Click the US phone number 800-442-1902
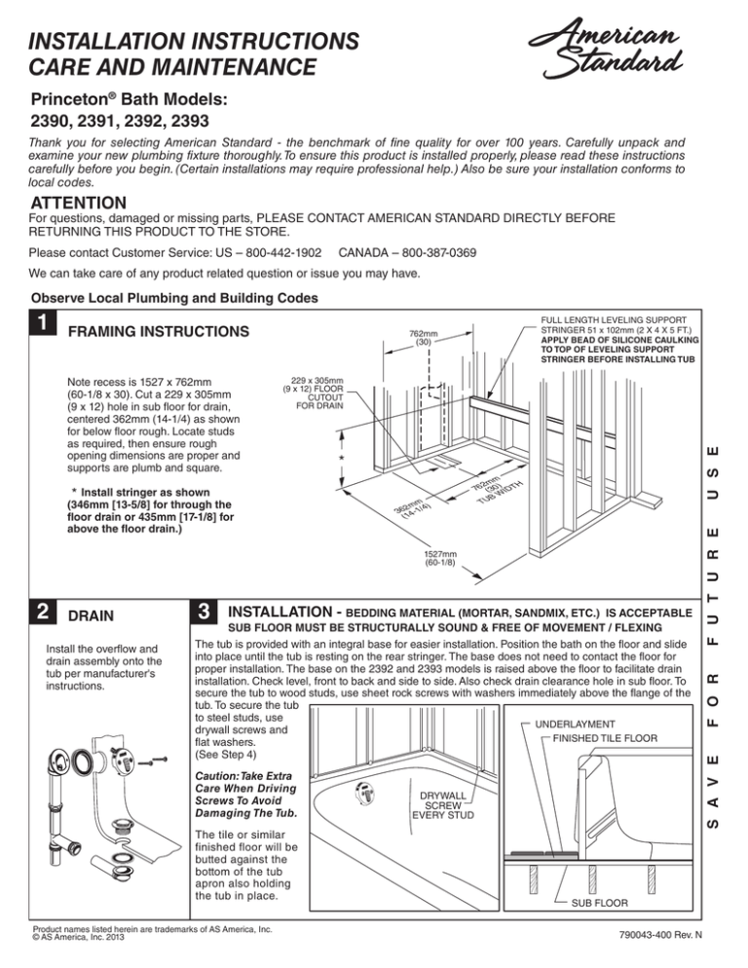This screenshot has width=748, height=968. click(268, 252)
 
